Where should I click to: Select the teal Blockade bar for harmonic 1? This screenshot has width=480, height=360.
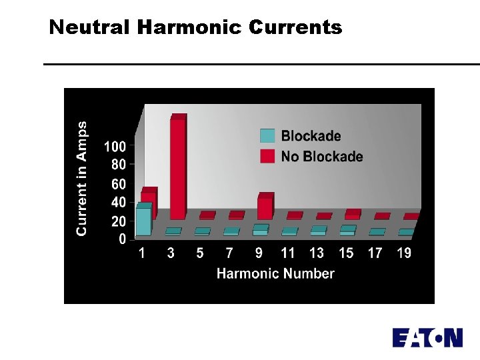pos(143,221)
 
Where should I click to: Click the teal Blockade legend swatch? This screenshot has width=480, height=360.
pos(267,136)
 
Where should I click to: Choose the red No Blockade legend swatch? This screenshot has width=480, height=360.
pos(267,157)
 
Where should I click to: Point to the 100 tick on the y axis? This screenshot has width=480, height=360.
pos(114,146)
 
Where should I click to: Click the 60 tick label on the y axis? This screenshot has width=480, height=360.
pos(117,184)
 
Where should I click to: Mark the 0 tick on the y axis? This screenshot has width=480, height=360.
pos(121,239)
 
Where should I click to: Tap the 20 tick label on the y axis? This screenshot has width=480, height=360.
pos(117,221)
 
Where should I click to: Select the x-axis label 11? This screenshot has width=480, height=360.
pos(288,253)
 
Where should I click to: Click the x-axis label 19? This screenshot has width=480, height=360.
pos(404,253)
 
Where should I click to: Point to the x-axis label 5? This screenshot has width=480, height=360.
pos(200,253)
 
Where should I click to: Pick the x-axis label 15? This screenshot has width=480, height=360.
pos(346,253)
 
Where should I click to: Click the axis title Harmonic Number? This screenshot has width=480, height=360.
pos(275,273)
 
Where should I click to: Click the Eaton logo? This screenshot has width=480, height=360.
pos(427,337)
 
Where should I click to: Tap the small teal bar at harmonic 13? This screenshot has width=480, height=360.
pos(318,231)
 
